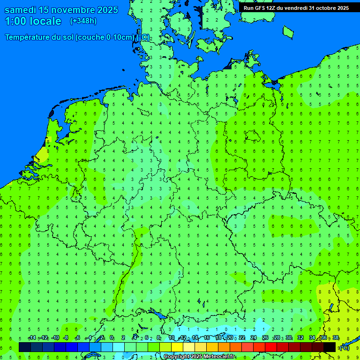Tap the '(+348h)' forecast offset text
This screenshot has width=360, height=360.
pos(83,21)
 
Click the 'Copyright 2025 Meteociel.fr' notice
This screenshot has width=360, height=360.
pos(199,357)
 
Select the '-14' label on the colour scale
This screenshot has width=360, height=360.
pos(32,338)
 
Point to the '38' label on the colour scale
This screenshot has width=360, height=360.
pos(336,338)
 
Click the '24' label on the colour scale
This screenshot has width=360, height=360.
pos(254,338)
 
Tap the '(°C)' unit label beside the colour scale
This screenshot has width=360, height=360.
pos(344,348)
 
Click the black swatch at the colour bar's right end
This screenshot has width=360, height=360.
pos(330,347)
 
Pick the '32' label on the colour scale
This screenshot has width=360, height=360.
pos(300,338)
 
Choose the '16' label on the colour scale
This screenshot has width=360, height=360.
pos(207,338)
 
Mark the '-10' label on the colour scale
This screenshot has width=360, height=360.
pos(55,338)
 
